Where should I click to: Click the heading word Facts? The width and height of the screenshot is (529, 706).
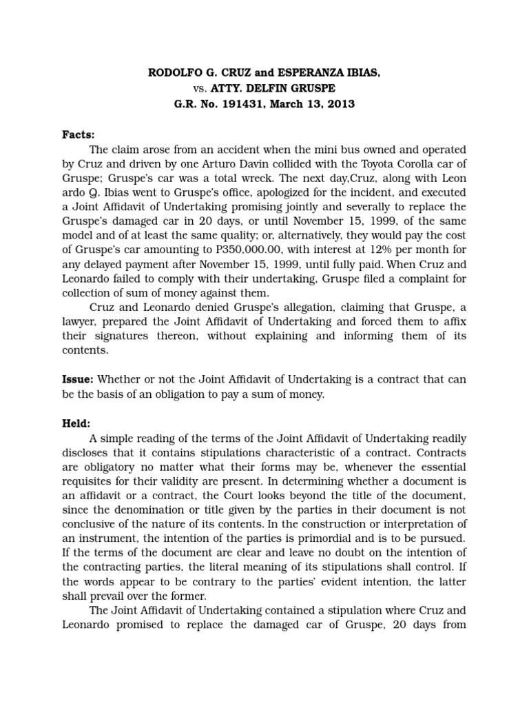click(x=79, y=134)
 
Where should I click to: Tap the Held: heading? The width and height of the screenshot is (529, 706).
click(x=76, y=424)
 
